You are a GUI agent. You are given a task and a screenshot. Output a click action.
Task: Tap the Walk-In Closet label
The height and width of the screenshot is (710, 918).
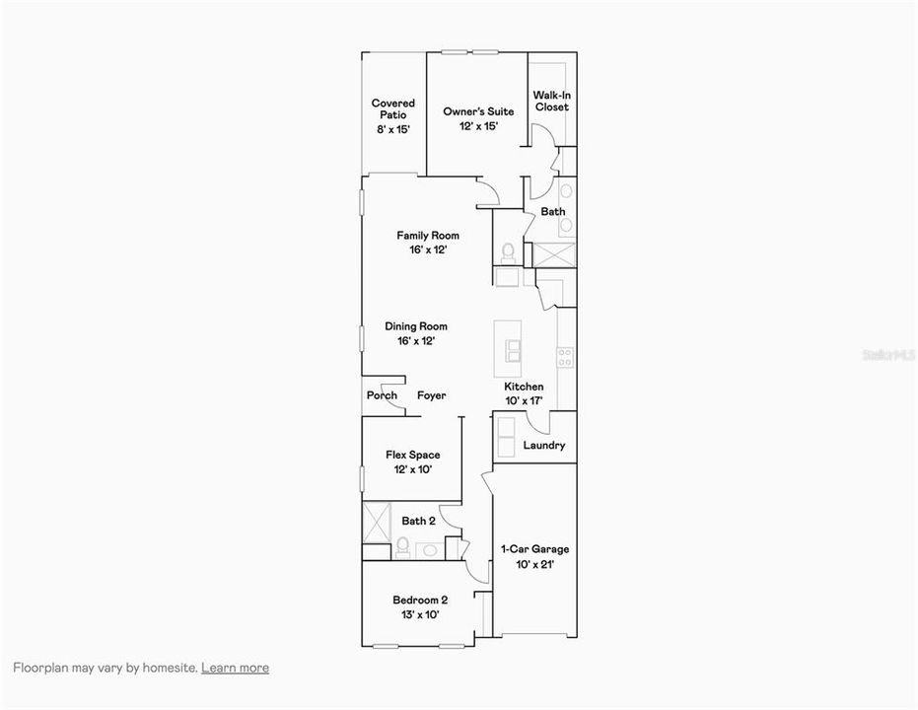[x=551, y=102]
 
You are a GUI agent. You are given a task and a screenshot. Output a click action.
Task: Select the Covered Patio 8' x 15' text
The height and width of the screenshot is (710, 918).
[x=392, y=115]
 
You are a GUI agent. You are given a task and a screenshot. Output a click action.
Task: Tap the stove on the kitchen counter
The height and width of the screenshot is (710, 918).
[x=565, y=358]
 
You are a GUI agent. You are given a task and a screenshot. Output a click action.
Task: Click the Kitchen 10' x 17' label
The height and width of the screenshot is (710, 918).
[x=524, y=393]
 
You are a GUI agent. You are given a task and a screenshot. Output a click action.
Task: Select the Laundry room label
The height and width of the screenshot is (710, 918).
[x=544, y=446]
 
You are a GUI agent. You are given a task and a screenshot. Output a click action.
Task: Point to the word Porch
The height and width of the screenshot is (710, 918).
[x=382, y=395]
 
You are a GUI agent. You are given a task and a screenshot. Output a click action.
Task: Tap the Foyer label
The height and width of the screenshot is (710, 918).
[x=431, y=395]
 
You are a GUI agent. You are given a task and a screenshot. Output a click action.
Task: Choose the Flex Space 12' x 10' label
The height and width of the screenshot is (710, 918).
[x=412, y=461]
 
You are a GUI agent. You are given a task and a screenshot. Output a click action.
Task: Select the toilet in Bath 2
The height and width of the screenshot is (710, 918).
[x=402, y=545]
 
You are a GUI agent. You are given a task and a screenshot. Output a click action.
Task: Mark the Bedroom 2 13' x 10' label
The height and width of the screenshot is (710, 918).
[x=420, y=606]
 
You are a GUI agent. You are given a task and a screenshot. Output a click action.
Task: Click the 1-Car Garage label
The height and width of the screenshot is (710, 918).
[x=534, y=556]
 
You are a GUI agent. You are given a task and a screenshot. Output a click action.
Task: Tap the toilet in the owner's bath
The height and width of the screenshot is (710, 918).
[x=508, y=252]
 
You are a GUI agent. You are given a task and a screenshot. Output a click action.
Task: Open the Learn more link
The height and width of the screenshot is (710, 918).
[x=235, y=668]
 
